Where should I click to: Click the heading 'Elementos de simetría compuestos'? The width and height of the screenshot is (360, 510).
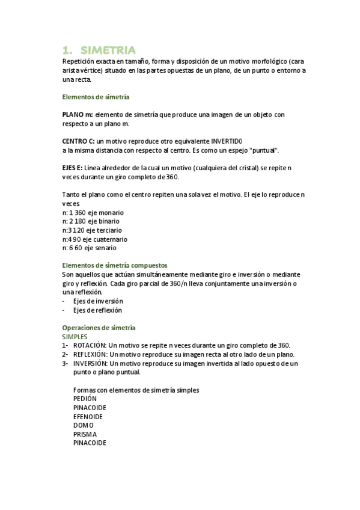(x=115, y=265)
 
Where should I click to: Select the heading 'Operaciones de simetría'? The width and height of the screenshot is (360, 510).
(x=99, y=328)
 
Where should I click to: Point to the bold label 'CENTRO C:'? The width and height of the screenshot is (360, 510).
(x=79, y=141)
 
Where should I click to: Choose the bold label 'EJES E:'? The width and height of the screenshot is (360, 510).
(x=75, y=168)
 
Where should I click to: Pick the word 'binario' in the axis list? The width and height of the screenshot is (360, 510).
(x=109, y=221)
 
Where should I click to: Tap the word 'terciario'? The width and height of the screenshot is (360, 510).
(x=108, y=230)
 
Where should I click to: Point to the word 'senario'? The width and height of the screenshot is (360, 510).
(x=105, y=247)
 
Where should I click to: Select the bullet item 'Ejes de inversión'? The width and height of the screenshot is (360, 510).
(x=98, y=301)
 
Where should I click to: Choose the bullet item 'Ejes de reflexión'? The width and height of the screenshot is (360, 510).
(x=97, y=310)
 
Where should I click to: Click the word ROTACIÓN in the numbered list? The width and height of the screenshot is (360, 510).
(x=91, y=345)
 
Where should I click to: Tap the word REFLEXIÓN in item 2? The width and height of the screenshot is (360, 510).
(x=91, y=354)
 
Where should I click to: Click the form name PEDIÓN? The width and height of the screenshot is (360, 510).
(x=85, y=399)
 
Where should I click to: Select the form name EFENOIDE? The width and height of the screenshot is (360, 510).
(x=88, y=416)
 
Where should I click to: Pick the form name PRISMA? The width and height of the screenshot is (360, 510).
(x=85, y=434)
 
